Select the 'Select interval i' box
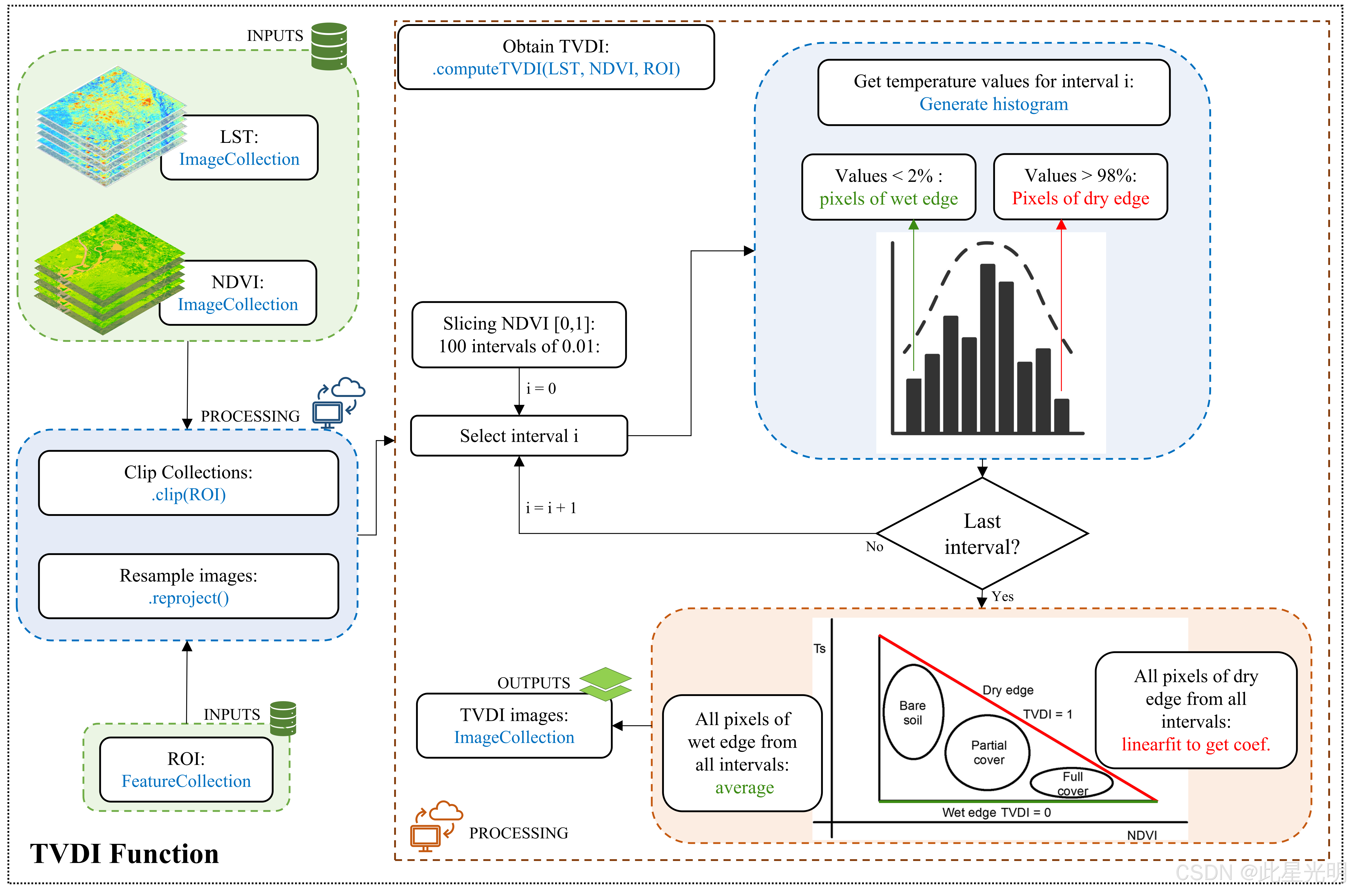(519, 436)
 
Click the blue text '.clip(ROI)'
(189, 495)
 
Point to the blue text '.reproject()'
(189, 598)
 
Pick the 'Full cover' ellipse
(1072, 783)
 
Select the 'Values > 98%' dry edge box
(1080, 187)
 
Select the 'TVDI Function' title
(124, 854)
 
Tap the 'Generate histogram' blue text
(993, 104)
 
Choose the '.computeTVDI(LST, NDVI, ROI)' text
(556, 69)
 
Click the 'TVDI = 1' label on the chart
(1047, 714)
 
